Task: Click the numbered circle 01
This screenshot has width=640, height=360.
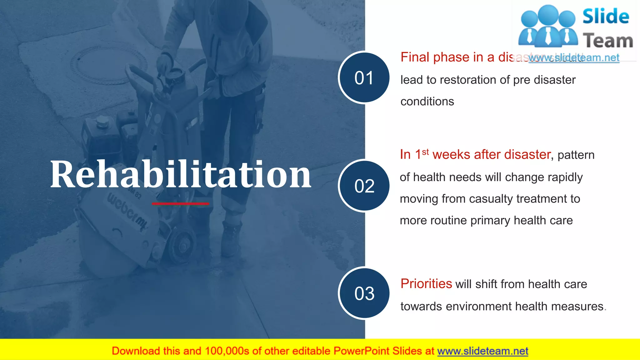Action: coord(364,77)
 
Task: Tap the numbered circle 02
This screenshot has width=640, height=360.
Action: coord(364,186)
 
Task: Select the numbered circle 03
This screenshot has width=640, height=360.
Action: coord(364,293)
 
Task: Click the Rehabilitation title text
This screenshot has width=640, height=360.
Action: coord(181,174)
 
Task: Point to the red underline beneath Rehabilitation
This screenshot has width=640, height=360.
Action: coord(181,204)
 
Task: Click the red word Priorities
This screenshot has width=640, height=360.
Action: coord(426,284)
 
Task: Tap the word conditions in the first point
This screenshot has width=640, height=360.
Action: coord(427,102)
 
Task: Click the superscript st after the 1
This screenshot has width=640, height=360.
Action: coord(425,152)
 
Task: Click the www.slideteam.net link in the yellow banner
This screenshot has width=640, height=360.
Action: coord(482,351)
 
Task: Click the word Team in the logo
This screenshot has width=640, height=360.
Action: coord(608,41)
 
